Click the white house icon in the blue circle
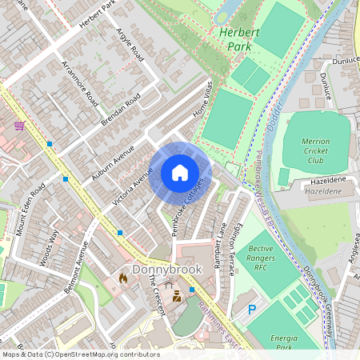[180, 172]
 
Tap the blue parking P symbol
[253, 310]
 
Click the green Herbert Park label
[238, 39]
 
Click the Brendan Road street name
[121, 109]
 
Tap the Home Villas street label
[203, 100]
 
